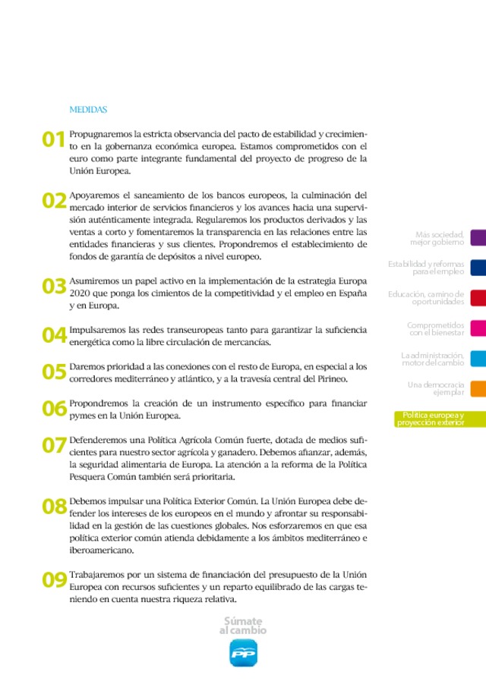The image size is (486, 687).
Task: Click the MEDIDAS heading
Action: (x=88, y=110)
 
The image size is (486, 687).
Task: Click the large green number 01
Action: (x=54, y=139)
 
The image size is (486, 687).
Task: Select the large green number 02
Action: (x=54, y=200)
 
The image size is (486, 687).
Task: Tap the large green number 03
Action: (x=54, y=286)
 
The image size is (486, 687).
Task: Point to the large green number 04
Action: (x=54, y=335)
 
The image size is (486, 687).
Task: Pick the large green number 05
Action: (x=54, y=372)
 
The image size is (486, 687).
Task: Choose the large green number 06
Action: (x=54, y=409)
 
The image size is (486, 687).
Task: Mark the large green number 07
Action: (x=54, y=445)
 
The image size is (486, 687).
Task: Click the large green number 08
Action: (x=54, y=507)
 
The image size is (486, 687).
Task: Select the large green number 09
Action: (x=54, y=580)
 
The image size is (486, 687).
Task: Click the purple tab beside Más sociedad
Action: (x=478, y=238)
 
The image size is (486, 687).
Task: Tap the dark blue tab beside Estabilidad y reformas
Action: (x=478, y=268)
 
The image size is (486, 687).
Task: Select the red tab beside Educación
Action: (x=478, y=298)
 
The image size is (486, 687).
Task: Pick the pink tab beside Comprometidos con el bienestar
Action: (x=478, y=328)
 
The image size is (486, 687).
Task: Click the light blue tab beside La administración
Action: (x=478, y=359)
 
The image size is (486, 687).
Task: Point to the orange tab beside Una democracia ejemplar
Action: (x=478, y=388)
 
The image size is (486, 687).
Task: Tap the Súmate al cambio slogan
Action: (x=243, y=626)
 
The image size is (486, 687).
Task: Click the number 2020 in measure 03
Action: (x=80, y=293)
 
